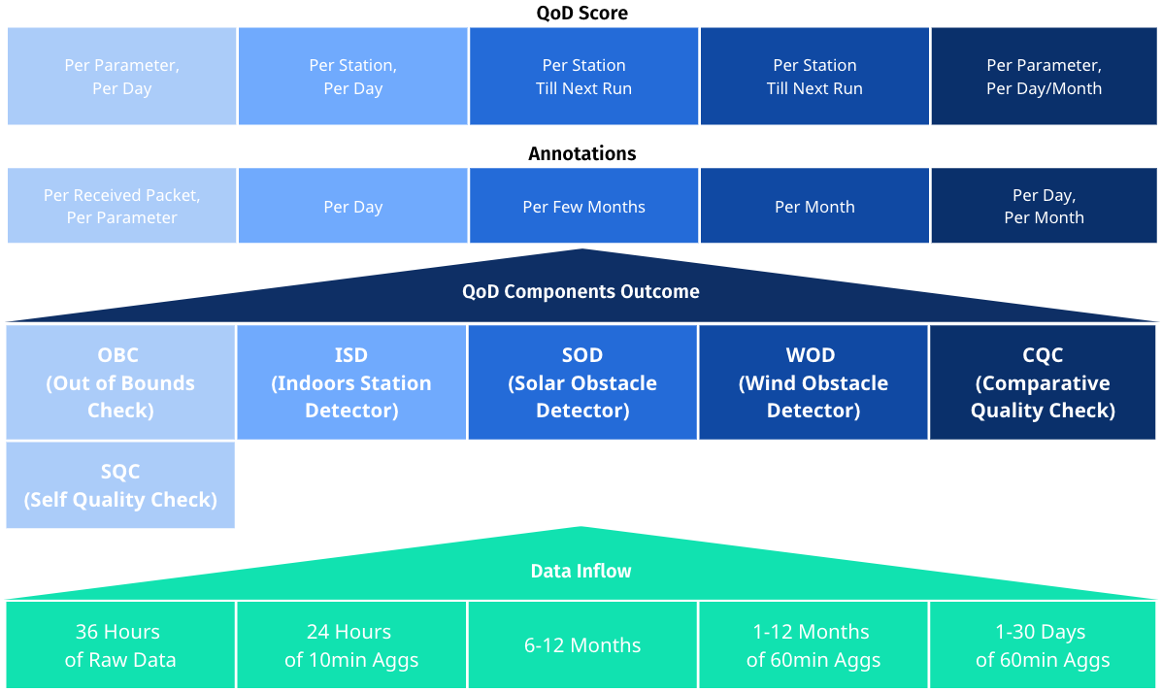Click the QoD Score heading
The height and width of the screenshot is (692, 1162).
582,13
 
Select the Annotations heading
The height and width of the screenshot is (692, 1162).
582,153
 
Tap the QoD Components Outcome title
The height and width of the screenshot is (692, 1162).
581,291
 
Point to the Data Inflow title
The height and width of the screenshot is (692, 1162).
581,571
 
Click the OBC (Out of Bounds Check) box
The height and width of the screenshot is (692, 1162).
120,382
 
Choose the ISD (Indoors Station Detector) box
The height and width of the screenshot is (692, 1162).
351,382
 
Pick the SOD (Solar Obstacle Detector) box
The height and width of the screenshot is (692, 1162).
582,382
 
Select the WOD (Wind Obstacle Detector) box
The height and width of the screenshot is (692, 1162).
813,382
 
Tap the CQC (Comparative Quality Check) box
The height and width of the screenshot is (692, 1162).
1043,382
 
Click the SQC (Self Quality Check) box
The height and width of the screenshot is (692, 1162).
120,485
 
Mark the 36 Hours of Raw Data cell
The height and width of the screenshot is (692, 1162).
120,645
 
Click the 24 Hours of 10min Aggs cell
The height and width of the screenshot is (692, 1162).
351,645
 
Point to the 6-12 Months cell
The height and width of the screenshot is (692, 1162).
582,645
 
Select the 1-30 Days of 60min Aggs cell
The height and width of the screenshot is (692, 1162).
1043,645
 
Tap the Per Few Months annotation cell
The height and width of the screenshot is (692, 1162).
583,206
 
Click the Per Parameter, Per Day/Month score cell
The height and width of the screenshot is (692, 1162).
1044,77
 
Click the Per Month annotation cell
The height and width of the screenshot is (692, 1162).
814,206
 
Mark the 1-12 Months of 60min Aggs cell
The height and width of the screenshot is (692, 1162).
813,645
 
